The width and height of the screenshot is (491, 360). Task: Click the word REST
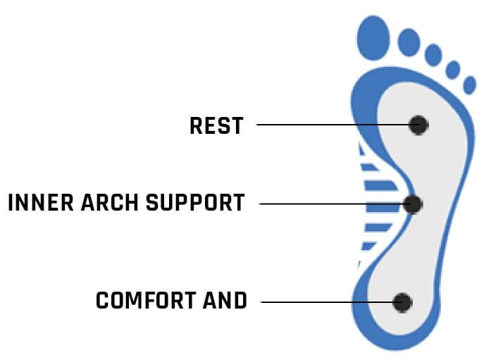point(216,125)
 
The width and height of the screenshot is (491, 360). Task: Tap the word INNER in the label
point(41,202)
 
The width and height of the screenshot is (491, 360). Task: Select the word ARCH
point(110,202)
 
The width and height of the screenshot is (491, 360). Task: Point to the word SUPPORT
point(195,202)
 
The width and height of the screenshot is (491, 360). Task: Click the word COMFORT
point(146,300)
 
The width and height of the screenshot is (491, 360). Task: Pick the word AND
point(225,300)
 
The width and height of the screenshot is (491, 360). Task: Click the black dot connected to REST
point(418,125)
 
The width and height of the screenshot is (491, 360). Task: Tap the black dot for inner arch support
point(413,204)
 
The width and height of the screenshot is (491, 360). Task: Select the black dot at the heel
point(402,303)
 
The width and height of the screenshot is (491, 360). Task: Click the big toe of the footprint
point(373,38)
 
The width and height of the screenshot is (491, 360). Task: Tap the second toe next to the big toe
point(409,42)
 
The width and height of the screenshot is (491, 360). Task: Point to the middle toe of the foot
point(433,55)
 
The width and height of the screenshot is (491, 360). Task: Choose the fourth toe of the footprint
point(453,70)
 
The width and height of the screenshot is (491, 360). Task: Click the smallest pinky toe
point(470,85)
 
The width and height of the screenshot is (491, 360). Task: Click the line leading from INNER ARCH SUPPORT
point(331,204)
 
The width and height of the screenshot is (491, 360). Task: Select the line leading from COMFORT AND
point(327,302)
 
